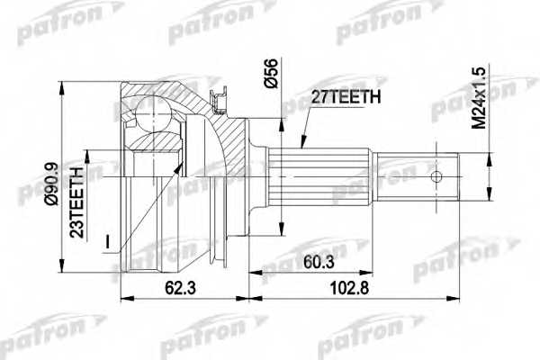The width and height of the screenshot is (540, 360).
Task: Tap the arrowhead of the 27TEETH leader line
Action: pos(298,144)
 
